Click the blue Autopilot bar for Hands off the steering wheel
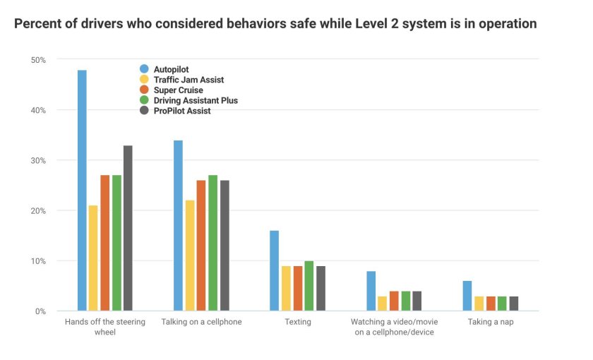coord(82,191)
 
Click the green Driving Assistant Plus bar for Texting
coord(309,286)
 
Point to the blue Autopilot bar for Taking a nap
coord(467,296)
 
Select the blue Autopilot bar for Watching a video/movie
coord(371,291)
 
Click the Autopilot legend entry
coord(171,69)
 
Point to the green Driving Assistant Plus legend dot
coord(145,100)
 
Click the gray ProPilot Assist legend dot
coord(145,111)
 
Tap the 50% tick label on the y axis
coord(37,61)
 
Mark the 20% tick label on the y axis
coord(37,211)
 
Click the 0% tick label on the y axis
coord(40,311)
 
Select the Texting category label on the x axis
coord(297,322)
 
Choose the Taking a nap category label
coord(490,322)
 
